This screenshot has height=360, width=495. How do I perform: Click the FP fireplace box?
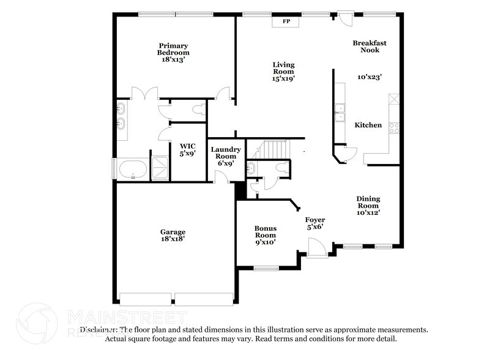click(x=286, y=21)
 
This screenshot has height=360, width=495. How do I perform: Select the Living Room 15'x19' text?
click(x=283, y=71)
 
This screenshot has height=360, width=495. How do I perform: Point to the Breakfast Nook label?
click(x=370, y=47)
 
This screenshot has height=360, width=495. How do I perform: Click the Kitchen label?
click(x=368, y=125)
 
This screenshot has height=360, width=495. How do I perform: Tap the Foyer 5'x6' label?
click(x=315, y=223)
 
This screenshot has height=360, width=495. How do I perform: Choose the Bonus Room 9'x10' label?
click(x=265, y=235)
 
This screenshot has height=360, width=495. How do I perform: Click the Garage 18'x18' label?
click(x=173, y=236)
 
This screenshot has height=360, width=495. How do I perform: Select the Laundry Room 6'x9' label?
click(x=226, y=156)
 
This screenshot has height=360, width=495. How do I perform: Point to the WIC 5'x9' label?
click(x=187, y=150)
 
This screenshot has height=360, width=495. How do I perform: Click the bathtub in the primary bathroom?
click(x=133, y=168)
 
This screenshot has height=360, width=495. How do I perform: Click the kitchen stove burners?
click(x=395, y=128)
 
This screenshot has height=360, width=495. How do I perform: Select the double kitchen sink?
click(x=340, y=113)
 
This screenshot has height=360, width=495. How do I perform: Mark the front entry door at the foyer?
click(x=317, y=248)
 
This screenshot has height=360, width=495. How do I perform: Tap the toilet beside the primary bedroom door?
click(x=197, y=110)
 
